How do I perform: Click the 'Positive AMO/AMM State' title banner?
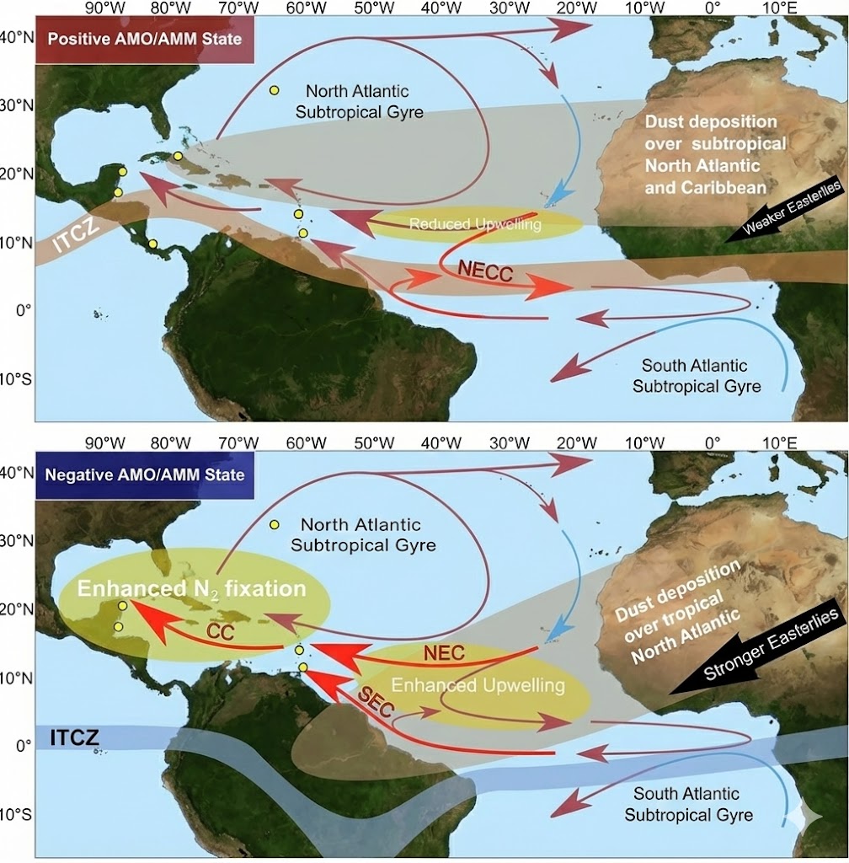pyautogui.click(x=144, y=39)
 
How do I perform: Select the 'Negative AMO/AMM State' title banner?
pyautogui.click(x=144, y=474)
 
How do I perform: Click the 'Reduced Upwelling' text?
pyautogui.click(x=475, y=224)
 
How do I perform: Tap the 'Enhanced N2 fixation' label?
pyautogui.click(x=191, y=587)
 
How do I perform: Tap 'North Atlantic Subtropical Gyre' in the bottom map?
pyautogui.click(x=363, y=534)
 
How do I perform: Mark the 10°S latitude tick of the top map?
pyautogui.click(x=17, y=378)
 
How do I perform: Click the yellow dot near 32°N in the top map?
pyautogui.click(x=274, y=90)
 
